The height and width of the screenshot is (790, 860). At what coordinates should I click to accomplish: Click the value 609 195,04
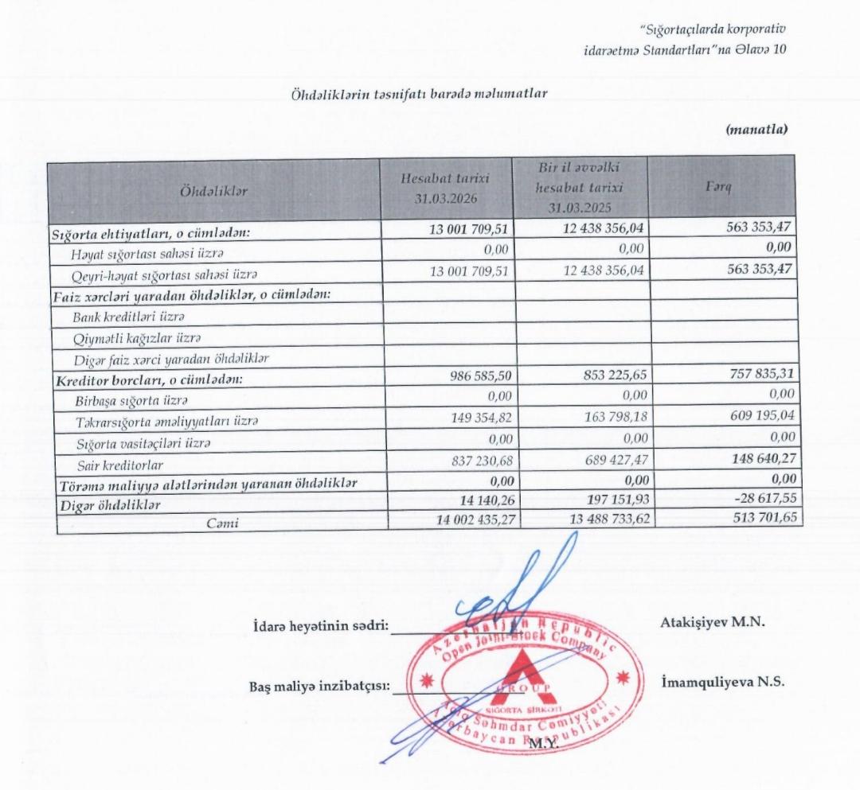pyautogui.click(x=753, y=416)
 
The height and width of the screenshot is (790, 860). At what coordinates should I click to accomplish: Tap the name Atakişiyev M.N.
pyautogui.click(x=713, y=622)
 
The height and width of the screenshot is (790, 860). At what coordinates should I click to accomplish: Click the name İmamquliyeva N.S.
pyautogui.click(x=723, y=683)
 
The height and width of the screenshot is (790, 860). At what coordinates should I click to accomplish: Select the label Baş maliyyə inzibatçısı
pyautogui.click(x=319, y=687)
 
